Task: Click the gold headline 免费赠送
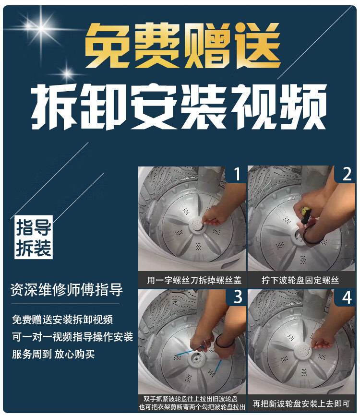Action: (182, 45)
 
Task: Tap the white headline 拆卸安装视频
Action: (179, 107)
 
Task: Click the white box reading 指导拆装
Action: (34, 237)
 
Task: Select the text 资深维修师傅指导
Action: (66, 290)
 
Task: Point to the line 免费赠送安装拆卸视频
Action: (62, 320)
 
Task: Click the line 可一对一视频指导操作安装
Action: (72, 337)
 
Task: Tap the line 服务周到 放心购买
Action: (53, 354)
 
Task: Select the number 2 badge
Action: (346, 174)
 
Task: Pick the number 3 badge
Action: (238, 297)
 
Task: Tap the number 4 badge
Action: (346, 297)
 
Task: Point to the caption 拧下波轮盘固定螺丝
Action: (300, 280)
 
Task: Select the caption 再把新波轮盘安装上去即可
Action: (301, 403)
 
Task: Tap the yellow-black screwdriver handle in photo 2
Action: (306, 212)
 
